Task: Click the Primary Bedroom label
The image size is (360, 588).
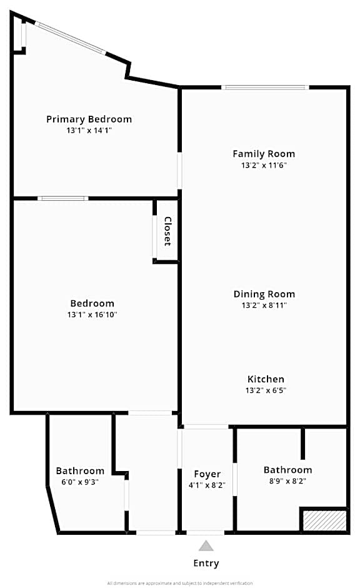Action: coord(89,119)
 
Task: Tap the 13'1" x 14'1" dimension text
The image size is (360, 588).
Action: coord(89,131)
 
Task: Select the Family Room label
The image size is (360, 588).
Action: coord(264,154)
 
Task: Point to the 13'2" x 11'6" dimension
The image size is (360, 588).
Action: coord(264,166)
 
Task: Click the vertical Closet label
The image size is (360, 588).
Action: coord(167,231)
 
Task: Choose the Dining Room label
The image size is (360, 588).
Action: coord(264,294)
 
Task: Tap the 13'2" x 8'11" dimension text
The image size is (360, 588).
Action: coord(264,306)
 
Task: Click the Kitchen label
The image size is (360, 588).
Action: coord(266,379)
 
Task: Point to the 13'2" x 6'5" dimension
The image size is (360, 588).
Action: coord(266,391)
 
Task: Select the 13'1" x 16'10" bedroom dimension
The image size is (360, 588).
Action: coord(92,315)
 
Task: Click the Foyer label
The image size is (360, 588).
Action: coord(207,474)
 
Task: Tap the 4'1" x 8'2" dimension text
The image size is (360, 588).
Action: coord(207,485)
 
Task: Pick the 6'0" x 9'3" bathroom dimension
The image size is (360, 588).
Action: coord(80,482)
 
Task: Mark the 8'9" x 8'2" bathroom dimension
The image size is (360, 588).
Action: coord(287,482)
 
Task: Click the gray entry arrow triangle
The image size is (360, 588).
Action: coord(206,546)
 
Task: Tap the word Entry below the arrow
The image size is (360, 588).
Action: coord(206,564)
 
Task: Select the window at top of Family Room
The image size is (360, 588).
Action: coord(265,88)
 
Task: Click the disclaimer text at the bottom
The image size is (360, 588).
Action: coord(180,583)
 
